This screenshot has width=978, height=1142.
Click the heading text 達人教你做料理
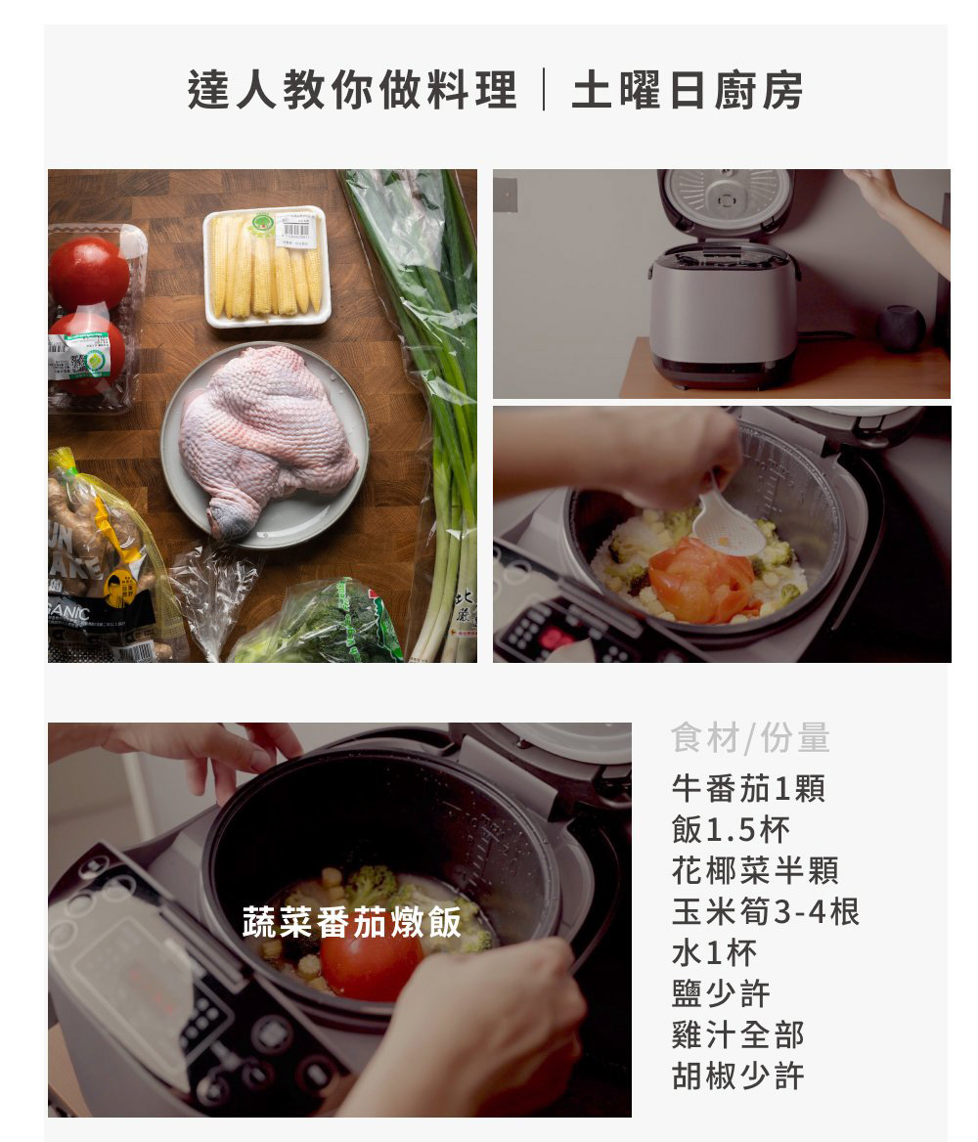(352, 90)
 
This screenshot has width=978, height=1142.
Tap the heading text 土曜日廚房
(688, 90)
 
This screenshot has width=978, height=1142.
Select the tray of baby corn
(267, 267)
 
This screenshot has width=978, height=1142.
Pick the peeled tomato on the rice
(701, 580)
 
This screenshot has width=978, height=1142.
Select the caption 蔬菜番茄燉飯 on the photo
(352, 922)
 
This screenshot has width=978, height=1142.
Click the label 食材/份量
(750, 738)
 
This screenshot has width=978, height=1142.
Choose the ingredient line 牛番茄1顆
(748, 788)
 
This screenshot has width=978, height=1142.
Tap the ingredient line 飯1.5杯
(731, 829)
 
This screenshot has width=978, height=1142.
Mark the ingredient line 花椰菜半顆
(755, 869)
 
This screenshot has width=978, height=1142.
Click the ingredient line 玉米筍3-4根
(765, 911)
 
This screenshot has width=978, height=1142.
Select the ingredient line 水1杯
(714, 952)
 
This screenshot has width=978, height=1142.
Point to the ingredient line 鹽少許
(721, 993)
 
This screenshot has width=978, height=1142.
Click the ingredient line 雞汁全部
(737, 1034)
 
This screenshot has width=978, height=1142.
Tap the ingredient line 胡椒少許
(737, 1075)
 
